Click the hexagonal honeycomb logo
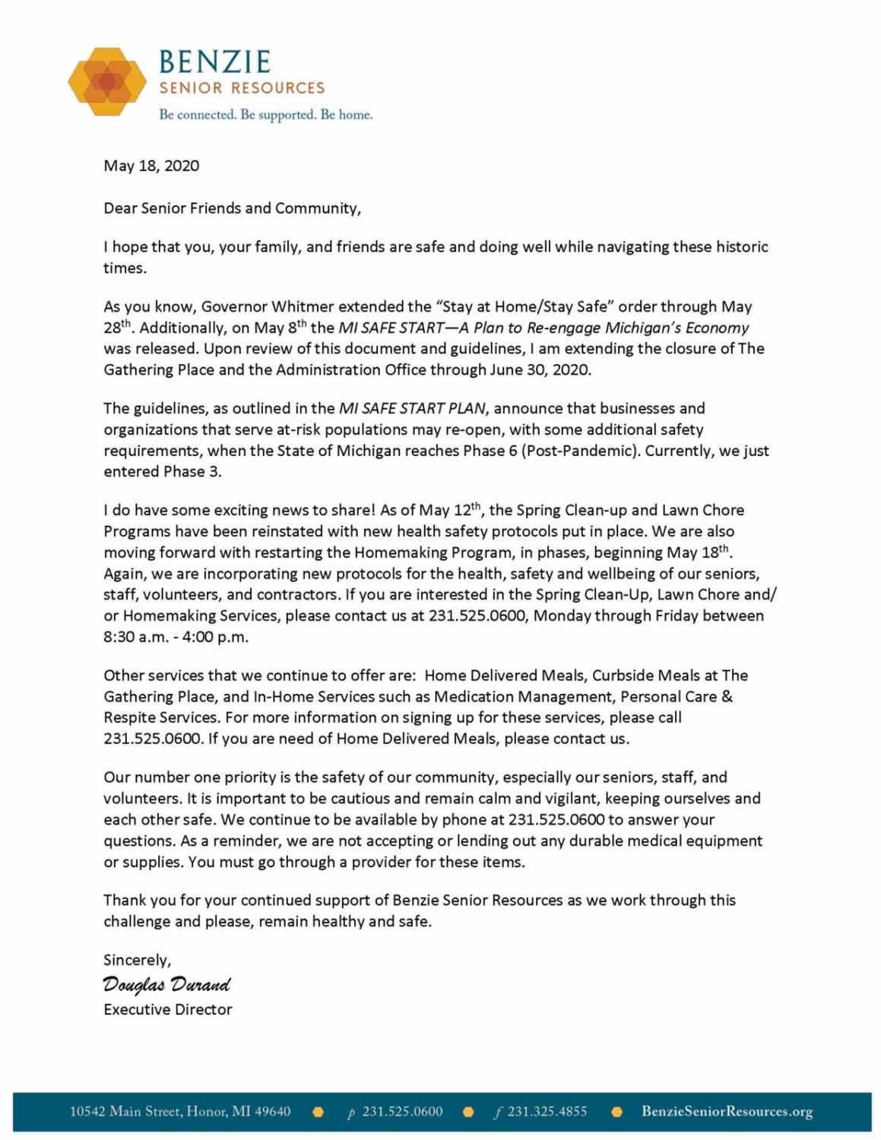[x=107, y=81]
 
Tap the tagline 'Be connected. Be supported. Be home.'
[x=265, y=115]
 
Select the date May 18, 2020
[x=151, y=166]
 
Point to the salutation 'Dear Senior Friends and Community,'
[x=232, y=208]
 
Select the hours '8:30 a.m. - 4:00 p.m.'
[x=176, y=637]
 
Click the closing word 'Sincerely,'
[x=138, y=960]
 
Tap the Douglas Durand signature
[x=166, y=985]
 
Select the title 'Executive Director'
[x=168, y=1009]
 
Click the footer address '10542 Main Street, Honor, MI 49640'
[x=180, y=1111]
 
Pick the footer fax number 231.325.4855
[x=547, y=1111]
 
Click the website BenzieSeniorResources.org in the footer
[x=727, y=1111]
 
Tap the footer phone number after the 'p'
[x=402, y=1111]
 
